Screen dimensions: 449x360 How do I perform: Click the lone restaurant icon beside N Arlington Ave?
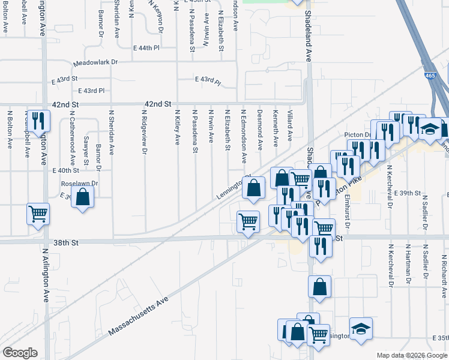pos(38,121)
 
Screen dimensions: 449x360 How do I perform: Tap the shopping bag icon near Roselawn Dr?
pos(83,197)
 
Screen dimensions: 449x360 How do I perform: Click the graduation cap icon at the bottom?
pos(361,329)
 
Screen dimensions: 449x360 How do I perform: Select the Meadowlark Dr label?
pos(95,62)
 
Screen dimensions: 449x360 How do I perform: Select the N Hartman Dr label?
pos(408,263)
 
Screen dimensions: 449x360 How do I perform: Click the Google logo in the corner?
pos(20,352)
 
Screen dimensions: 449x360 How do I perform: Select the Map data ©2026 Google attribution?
pos(412,355)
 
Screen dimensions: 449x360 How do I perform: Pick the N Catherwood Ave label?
pos(72,138)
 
